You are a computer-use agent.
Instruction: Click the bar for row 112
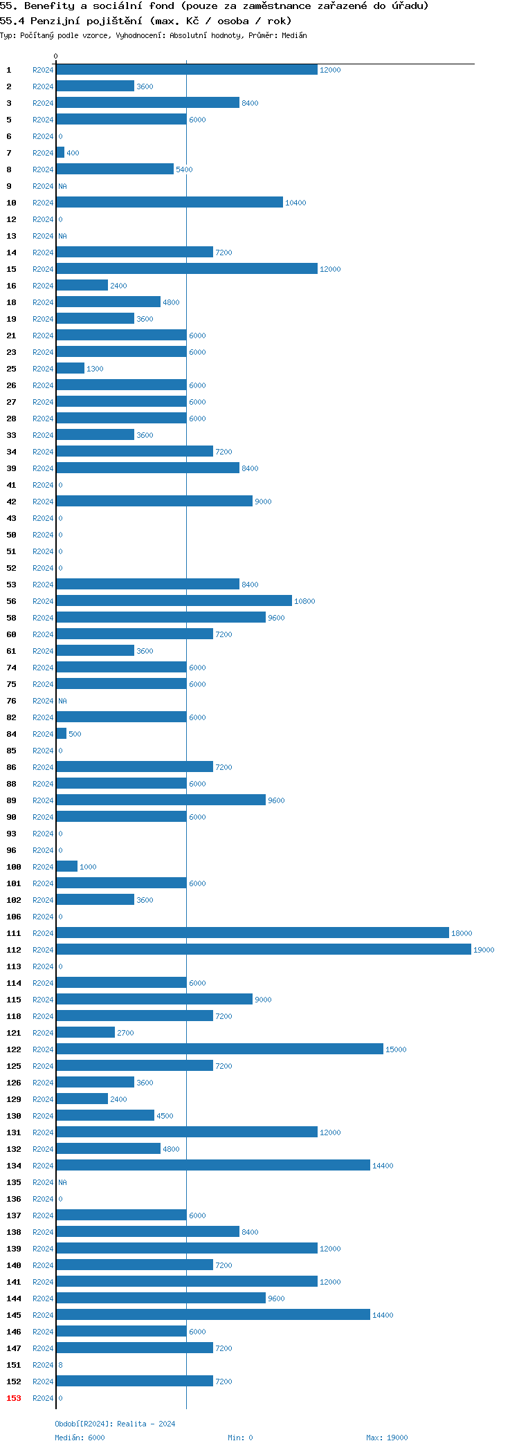click(x=263, y=949)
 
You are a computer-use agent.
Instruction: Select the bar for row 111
click(x=253, y=933)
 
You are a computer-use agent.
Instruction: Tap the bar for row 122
click(x=219, y=1049)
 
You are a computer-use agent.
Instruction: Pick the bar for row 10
click(x=170, y=202)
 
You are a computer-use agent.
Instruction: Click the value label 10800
click(x=304, y=601)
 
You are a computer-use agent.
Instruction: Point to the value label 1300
click(x=95, y=369)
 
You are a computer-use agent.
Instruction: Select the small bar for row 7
click(x=60, y=152)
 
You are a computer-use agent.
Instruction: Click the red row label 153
click(x=14, y=1398)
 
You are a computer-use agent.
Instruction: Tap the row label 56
click(x=12, y=601)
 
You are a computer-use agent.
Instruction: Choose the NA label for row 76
click(x=62, y=701)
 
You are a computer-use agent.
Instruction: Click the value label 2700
click(x=125, y=1033)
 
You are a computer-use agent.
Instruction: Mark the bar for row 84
click(x=62, y=733)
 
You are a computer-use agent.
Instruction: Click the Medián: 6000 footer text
click(x=80, y=1438)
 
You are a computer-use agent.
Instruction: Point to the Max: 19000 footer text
click(x=387, y=1438)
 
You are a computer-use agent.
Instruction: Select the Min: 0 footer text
click(x=240, y=1438)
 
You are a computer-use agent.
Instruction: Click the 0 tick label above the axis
click(x=56, y=56)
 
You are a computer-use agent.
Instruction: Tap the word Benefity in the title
click(x=49, y=6)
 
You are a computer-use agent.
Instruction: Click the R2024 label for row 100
click(x=43, y=867)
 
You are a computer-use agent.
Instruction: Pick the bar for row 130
click(x=105, y=1115)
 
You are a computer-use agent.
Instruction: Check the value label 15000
click(x=396, y=1049)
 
